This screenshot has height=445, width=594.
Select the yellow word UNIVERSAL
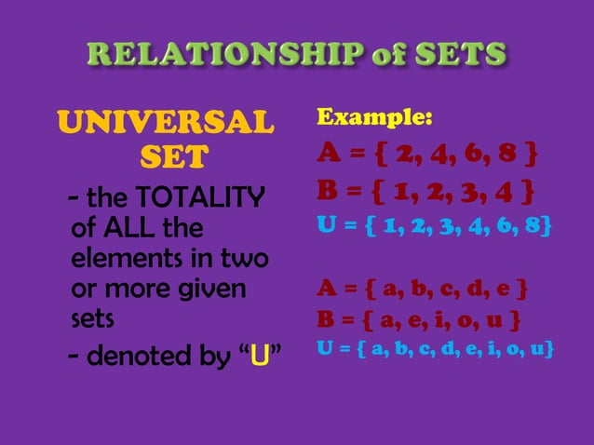tap(167, 122)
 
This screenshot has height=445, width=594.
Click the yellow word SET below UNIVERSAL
tap(173, 159)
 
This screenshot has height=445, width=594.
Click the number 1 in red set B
tap(404, 193)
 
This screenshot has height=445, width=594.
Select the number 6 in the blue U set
tap(509, 224)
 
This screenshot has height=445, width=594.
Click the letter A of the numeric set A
tap(329, 152)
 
